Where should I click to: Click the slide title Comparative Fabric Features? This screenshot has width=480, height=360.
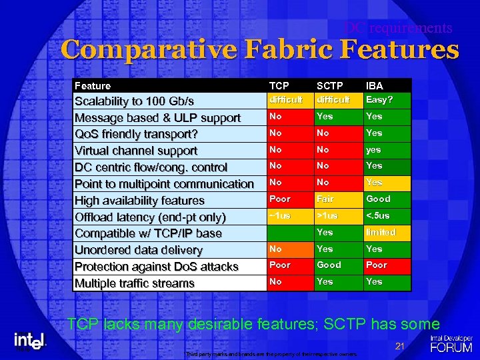pyautogui.click(x=260, y=51)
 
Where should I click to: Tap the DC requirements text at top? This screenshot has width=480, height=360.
pyautogui.click(x=398, y=28)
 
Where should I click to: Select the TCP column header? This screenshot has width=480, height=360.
pyautogui.click(x=279, y=86)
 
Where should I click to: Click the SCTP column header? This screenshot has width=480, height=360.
pyautogui.click(x=329, y=86)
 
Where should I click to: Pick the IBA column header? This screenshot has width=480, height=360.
pyautogui.click(x=374, y=86)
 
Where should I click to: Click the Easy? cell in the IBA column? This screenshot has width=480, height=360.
pyautogui.click(x=379, y=99)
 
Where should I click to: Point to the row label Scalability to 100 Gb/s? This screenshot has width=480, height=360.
pyautogui.click(x=134, y=101)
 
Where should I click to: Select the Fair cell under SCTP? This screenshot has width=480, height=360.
pyautogui.click(x=325, y=199)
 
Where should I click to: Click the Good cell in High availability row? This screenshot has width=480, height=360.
pyautogui.click(x=378, y=199)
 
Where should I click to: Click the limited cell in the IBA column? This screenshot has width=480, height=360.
pyautogui.click(x=380, y=232)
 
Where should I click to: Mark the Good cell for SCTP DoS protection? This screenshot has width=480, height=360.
pyautogui.click(x=329, y=265)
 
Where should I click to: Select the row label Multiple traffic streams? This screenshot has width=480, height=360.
pyautogui.click(x=135, y=283)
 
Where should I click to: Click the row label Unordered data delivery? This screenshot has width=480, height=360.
pyautogui.click(x=139, y=250)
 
